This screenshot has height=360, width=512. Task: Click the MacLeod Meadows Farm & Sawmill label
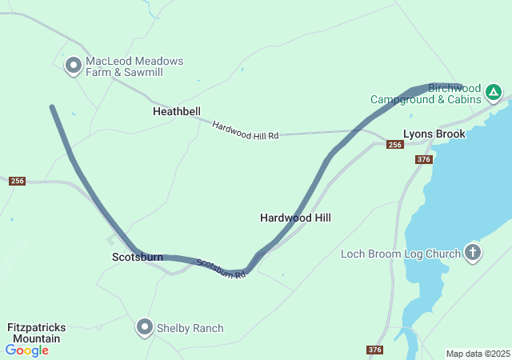(134, 66)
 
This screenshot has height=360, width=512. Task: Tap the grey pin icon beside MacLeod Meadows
(74, 66)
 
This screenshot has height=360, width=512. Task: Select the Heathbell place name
(177, 112)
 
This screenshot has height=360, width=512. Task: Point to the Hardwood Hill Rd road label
(245, 131)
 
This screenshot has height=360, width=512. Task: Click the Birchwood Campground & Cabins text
(426, 94)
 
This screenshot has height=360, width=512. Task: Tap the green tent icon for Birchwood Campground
(494, 93)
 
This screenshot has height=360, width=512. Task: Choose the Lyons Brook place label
(434, 134)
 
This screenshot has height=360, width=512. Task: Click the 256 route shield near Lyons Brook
(394, 145)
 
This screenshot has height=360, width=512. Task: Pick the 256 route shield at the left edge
(18, 182)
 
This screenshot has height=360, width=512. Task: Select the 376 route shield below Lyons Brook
(424, 160)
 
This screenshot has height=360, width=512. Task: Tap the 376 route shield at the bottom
(375, 350)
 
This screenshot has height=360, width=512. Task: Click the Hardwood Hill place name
(295, 218)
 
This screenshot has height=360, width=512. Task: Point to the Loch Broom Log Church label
(400, 254)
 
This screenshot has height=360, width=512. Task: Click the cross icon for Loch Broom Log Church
(473, 254)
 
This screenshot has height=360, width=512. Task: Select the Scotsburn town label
(137, 258)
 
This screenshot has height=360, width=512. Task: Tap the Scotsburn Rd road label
(220, 269)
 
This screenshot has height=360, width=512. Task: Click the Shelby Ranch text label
(190, 328)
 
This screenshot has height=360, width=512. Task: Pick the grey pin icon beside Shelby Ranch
(145, 327)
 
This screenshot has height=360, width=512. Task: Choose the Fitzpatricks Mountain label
(36, 334)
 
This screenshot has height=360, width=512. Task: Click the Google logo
(26, 350)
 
